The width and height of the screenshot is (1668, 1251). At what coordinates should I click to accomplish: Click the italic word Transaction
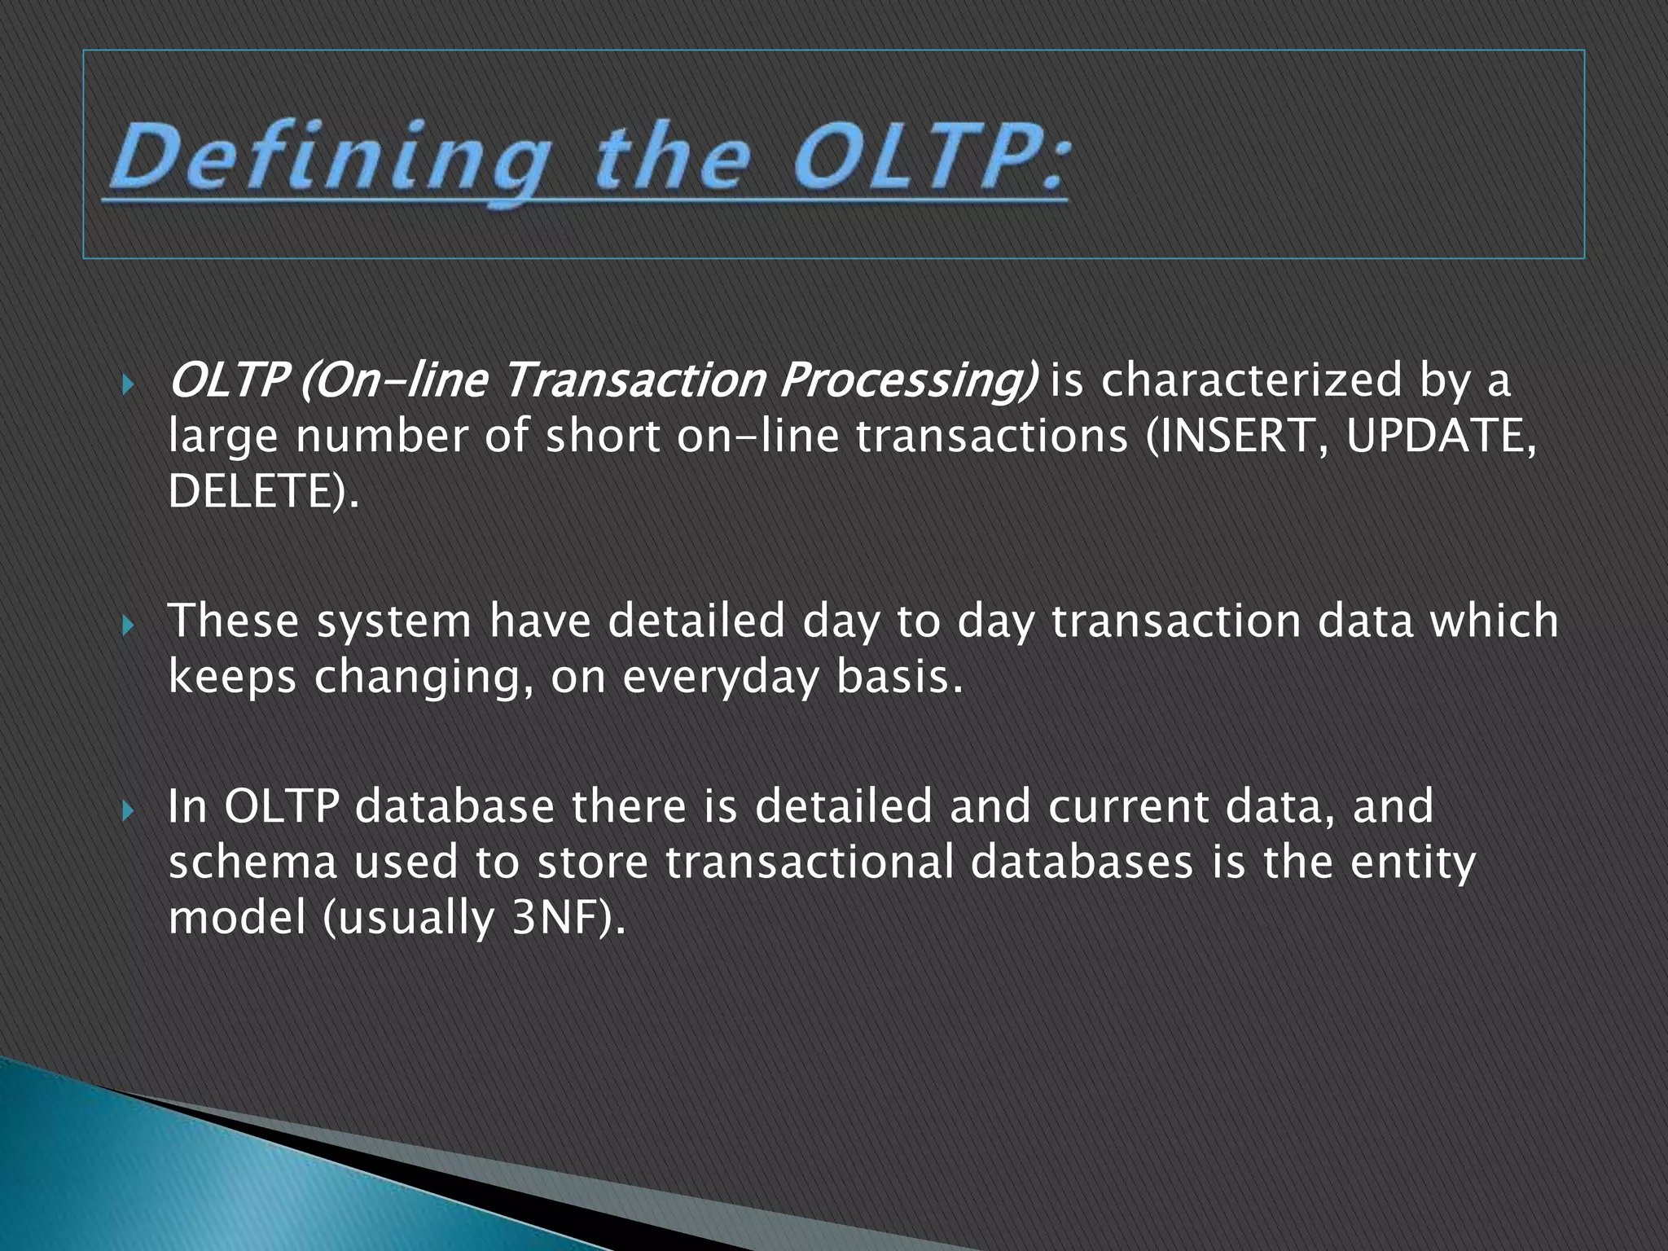634,380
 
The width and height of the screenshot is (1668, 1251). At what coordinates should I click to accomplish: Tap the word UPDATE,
1441,437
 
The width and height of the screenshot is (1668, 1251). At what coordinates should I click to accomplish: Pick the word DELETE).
263,492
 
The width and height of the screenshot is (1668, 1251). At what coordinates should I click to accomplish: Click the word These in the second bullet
234,621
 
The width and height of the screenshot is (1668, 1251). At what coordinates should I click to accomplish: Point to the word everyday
721,678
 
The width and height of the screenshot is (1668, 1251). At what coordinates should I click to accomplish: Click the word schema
252,862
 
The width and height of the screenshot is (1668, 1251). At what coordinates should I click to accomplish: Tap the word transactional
810,862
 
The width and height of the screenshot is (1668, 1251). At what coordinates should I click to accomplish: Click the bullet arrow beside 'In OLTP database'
127,811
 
